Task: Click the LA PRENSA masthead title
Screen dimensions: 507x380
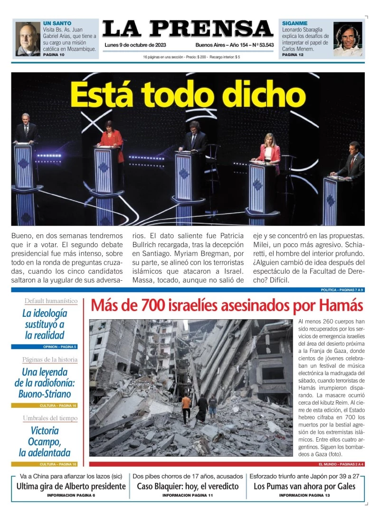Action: click(x=187, y=29)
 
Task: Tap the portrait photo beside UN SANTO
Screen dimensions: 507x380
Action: click(x=28, y=39)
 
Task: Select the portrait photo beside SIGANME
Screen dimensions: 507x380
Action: click(x=347, y=39)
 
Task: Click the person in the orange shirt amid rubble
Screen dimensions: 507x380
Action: click(x=186, y=407)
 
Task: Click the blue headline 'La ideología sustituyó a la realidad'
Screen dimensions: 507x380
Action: click(x=45, y=324)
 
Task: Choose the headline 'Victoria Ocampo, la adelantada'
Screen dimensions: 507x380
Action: click(x=45, y=442)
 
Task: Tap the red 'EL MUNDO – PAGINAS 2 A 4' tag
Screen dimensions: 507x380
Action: click(x=340, y=464)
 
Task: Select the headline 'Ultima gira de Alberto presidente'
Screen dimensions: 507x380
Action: click(x=71, y=486)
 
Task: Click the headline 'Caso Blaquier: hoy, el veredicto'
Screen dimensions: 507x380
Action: click(x=188, y=486)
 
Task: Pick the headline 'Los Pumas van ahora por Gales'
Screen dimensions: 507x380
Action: click(x=304, y=486)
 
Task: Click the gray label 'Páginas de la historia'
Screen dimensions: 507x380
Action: click(x=50, y=360)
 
